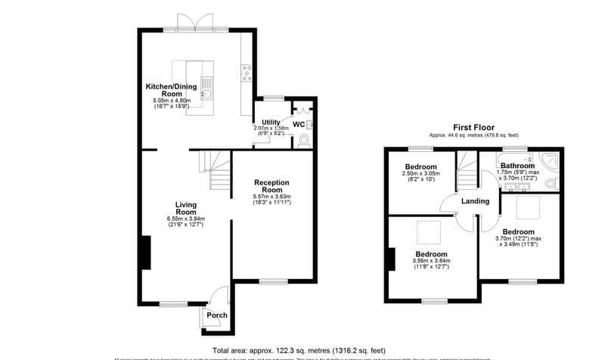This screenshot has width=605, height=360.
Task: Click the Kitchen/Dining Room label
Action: click(172, 90)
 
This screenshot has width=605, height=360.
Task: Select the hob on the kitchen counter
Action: click(246, 72)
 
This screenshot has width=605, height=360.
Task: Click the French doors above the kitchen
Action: click(196, 23)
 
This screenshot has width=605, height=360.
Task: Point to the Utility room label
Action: click(271, 123)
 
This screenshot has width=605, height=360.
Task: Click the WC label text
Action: click(299, 124)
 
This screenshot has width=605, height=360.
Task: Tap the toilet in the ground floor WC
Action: click(304, 141)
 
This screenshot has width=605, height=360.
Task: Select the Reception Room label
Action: click(271, 187)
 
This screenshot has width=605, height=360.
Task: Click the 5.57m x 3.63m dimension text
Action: click(271, 197)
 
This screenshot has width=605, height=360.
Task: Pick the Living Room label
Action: click(185, 209)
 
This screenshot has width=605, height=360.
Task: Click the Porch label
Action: click(217, 315)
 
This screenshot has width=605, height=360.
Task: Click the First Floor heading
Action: click(473, 127)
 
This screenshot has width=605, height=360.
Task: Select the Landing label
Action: click(476, 201)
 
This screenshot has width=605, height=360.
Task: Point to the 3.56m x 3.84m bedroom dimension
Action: click(430, 262)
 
